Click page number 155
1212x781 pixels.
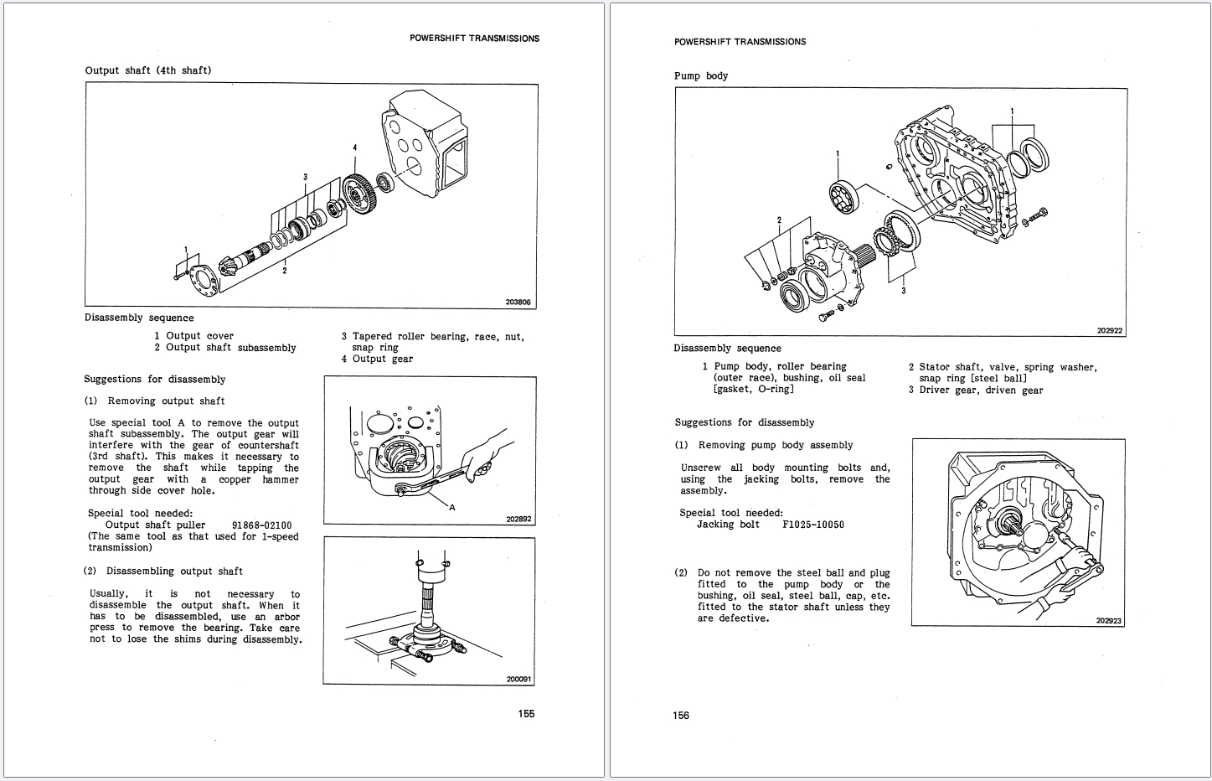coord(524,714)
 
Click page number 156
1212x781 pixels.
coord(680,716)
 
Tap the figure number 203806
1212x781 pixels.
coord(518,303)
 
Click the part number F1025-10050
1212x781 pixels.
coord(812,525)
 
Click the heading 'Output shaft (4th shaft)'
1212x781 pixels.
coord(148,70)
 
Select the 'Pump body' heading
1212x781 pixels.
coord(701,76)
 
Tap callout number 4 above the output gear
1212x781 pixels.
coord(354,147)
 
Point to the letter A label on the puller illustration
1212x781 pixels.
coord(452,507)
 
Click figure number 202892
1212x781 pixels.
coord(518,519)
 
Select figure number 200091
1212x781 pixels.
coord(518,679)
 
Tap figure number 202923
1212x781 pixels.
coord(1108,621)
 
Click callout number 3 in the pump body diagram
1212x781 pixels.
coord(903,291)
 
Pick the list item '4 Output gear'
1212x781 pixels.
coord(377,359)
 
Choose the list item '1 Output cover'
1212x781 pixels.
coord(193,336)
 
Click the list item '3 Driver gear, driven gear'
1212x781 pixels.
coord(976,390)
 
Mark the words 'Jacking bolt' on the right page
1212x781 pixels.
coord(728,525)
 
